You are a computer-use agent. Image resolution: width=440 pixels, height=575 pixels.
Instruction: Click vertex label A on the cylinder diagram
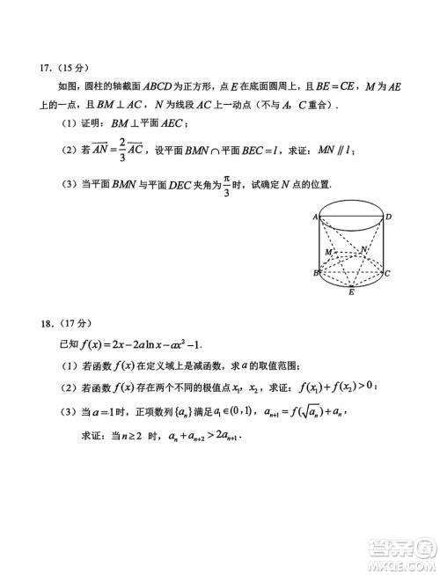pos(314,216)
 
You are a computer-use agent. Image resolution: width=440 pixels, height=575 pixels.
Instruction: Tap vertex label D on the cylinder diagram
pos(388,216)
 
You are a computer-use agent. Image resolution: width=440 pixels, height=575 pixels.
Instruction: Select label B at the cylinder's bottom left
pos(315,273)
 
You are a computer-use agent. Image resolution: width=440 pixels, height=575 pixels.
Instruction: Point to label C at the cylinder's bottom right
pos(387,274)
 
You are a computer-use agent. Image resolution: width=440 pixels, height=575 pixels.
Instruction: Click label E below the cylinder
pos(351,292)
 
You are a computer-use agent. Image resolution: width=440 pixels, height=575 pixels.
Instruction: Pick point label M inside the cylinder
pos(327,252)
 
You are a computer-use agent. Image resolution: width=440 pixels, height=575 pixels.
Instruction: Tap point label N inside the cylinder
pos(363,249)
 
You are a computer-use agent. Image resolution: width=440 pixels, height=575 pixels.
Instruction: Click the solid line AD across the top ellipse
pos(351,217)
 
